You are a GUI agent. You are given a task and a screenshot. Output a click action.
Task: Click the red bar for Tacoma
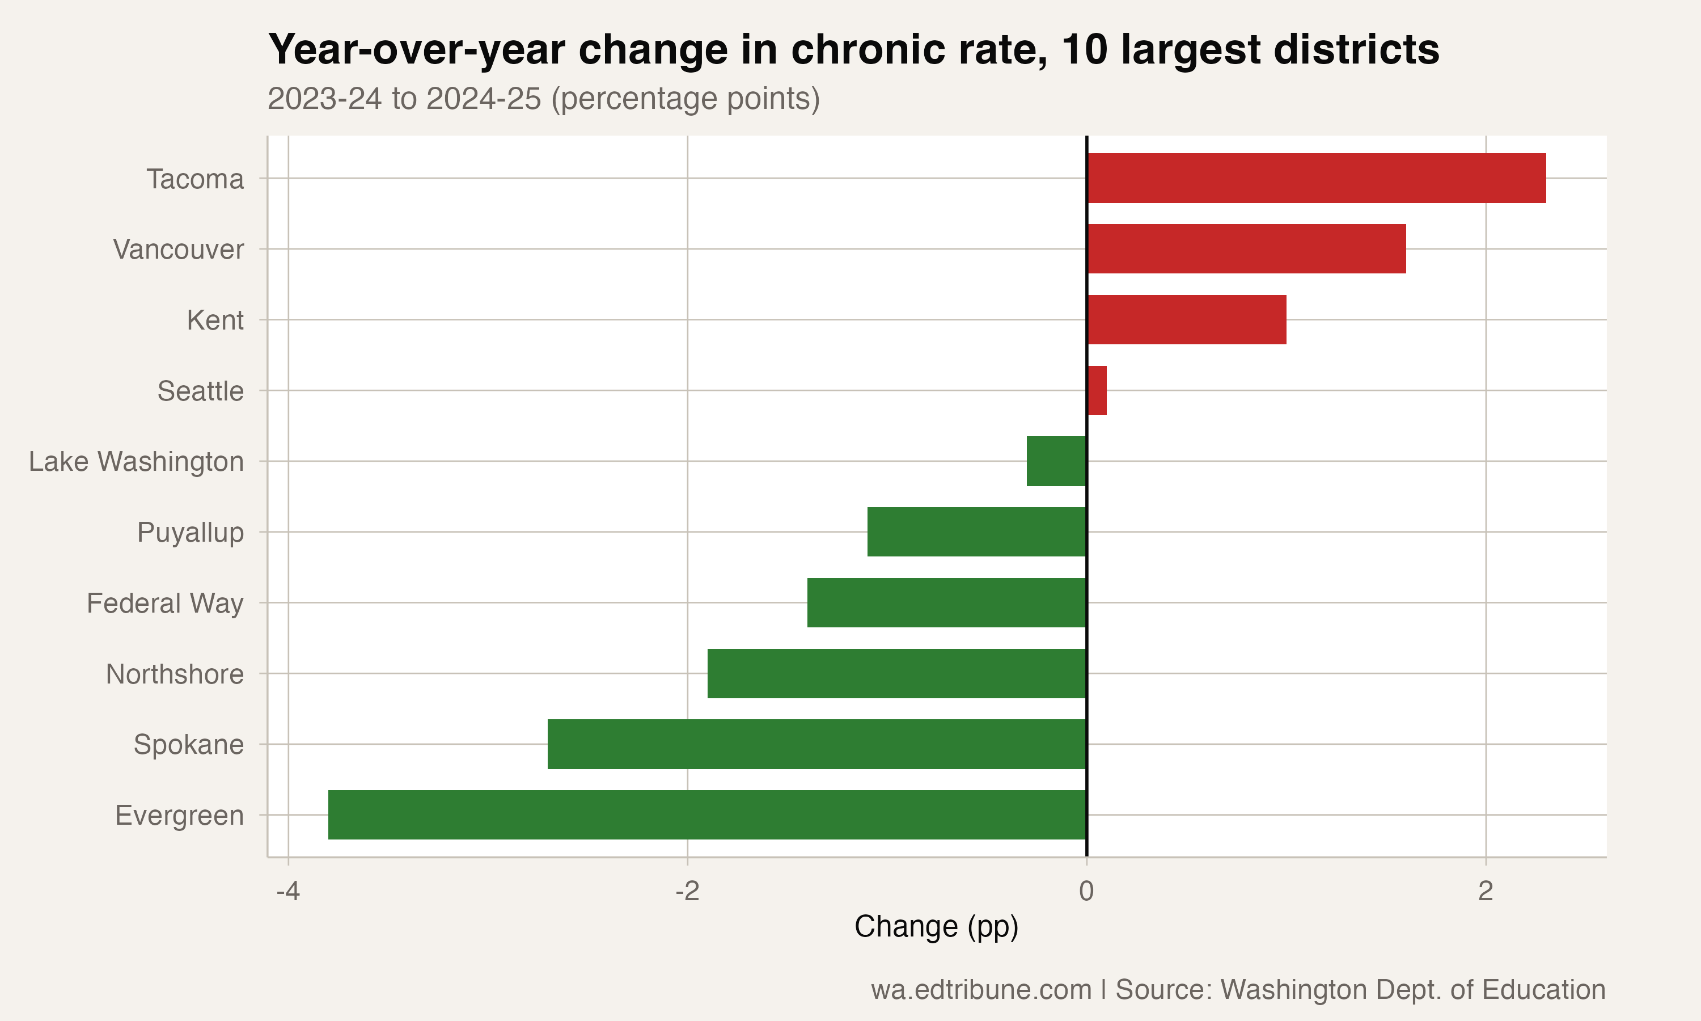(x=1316, y=178)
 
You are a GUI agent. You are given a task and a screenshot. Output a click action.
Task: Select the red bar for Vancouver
(x=1246, y=249)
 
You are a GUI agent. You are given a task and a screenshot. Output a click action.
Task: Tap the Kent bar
(x=1186, y=320)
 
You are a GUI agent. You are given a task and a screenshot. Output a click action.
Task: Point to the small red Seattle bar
(x=1097, y=391)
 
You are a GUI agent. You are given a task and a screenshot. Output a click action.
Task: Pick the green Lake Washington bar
(x=1056, y=461)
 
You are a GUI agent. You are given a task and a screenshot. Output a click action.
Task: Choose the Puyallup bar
(x=976, y=532)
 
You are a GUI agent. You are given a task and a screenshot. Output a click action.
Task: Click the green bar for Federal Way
(x=946, y=603)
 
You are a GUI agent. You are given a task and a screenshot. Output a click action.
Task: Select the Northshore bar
(x=896, y=673)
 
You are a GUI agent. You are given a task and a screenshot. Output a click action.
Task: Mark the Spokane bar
(x=817, y=744)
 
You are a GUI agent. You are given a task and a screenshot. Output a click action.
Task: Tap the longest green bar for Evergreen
(x=707, y=815)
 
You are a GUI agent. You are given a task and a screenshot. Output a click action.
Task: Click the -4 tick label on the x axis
(x=288, y=891)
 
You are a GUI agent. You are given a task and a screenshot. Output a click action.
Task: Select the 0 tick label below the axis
(x=1086, y=891)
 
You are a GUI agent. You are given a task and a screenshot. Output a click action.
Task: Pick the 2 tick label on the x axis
(x=1486, y=891)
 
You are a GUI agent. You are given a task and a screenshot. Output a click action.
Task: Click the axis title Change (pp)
(x=936, y=927)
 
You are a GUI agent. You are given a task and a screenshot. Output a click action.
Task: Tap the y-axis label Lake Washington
(x=136, y=462)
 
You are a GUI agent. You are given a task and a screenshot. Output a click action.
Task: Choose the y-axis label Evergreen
(x=179, y=815)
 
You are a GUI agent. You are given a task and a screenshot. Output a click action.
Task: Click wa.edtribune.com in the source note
(x=980, y=989)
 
